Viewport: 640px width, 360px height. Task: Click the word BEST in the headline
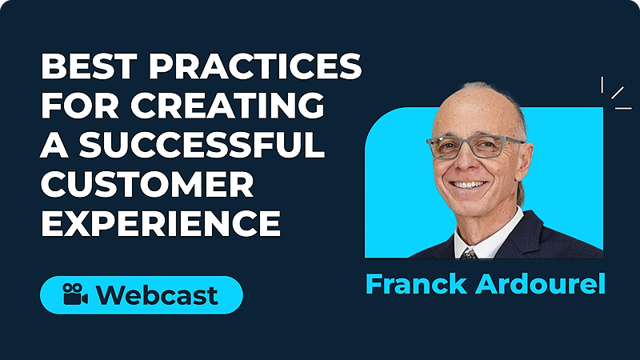coord(89,66)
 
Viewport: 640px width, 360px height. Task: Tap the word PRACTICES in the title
coord(255,66)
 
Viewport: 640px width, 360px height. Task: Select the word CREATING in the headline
coord(227,105)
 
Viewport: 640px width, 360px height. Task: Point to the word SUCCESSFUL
coord(202,144)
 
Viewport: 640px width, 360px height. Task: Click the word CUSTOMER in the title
coord(147,184)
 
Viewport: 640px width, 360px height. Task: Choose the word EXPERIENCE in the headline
coord(161,223)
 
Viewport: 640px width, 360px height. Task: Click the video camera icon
coord(75,294)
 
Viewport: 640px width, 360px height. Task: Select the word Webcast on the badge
coord(157,294)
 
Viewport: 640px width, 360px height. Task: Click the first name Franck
coord(416,284)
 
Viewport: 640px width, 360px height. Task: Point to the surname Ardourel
coord(540,284)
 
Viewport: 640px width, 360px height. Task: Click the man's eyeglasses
coord(475,147)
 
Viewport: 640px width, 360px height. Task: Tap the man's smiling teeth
coord(468,185)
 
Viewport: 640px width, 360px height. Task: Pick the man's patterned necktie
coord(469,254)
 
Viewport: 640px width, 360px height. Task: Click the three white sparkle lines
coord(615,94)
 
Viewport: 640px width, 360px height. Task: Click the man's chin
coord(470,207)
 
